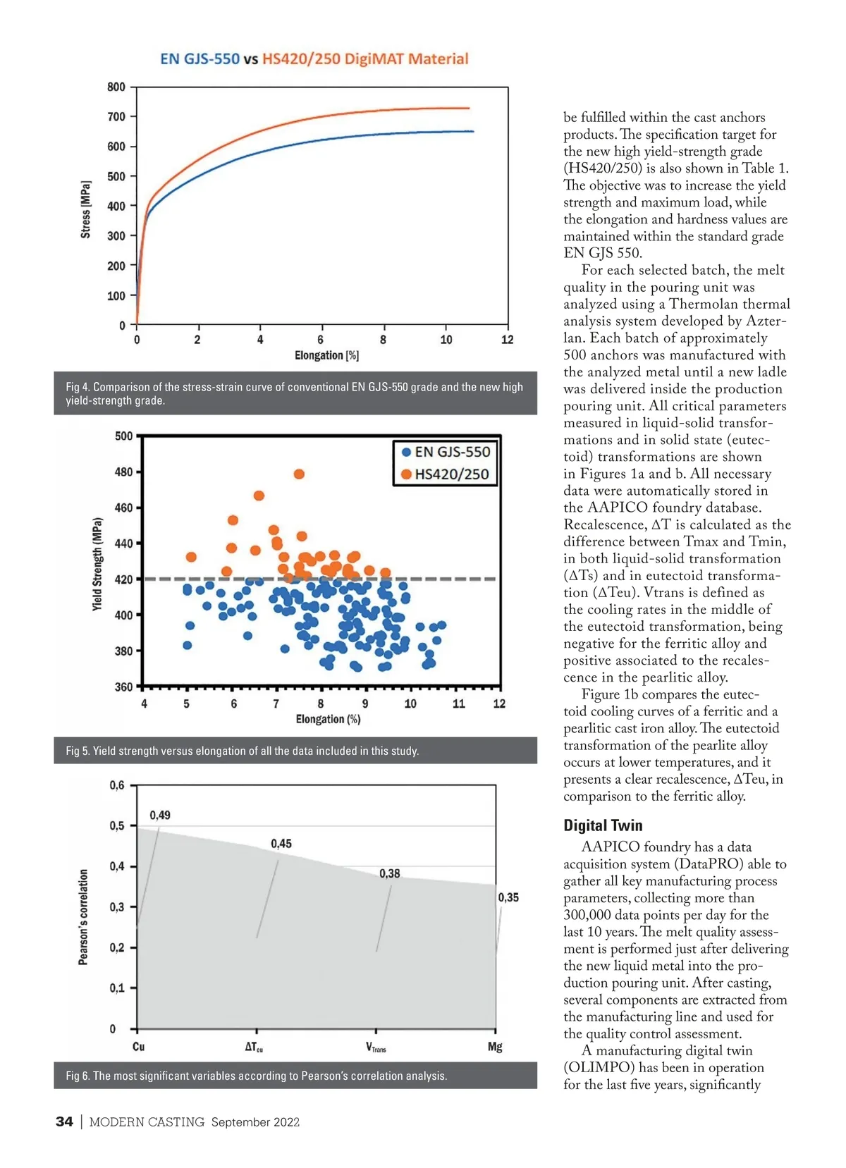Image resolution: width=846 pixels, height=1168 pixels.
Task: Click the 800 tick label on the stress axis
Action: point(116,87)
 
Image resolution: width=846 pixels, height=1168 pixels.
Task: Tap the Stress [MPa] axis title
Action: point(86,209)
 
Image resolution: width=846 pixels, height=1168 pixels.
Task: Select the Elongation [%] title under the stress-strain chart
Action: point(326,355)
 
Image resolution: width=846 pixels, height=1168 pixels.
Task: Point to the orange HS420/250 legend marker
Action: point(406,474)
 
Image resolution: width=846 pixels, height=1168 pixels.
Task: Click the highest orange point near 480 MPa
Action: point(299,474)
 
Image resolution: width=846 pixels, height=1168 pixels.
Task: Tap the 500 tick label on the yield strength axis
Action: point(123,436)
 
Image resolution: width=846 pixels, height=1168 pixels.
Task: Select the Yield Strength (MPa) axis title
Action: point(97,564)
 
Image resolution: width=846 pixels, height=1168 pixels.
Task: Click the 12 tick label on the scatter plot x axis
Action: point(499,703)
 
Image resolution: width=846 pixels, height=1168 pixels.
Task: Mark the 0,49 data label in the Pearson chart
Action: point(160,816)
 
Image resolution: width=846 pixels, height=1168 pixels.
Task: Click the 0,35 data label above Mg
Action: point(508,897)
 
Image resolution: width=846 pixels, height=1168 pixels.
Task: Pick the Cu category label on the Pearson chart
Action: point(138,1047)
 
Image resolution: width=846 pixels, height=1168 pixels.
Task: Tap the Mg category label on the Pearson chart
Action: point(495,1047)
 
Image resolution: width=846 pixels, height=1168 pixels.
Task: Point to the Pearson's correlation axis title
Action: point(83,916)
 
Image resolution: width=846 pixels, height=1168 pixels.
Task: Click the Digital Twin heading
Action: point(603,825)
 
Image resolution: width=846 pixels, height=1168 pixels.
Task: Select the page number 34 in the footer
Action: point(64,1121)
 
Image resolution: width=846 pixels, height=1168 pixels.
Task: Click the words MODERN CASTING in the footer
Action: point(147,1122)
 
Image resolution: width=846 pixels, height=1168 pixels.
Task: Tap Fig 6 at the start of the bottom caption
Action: point(76,1076)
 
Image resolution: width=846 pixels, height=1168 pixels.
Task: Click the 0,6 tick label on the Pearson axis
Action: point(117,785)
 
